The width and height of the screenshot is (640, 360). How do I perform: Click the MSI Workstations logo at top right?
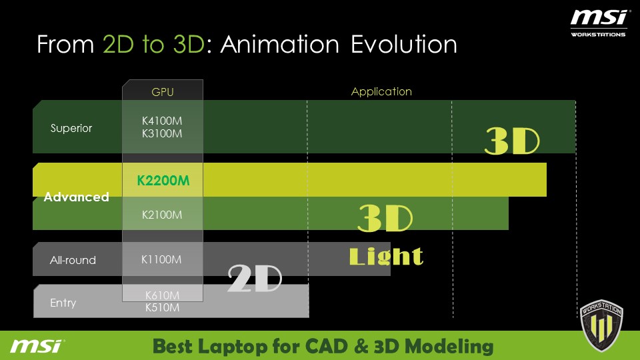tap(599, 23)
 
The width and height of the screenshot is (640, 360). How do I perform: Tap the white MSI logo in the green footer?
tap(37, 346)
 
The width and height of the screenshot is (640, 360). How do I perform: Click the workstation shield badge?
tap(601, 325)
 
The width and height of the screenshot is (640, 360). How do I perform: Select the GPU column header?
tap(163, 92)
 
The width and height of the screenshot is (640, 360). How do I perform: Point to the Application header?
tap(381, 92)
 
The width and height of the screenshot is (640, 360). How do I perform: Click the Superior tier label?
tap(71, 128)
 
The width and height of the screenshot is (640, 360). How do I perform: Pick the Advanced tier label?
tap(76, 197)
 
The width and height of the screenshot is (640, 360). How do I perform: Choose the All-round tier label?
tap(73, 260)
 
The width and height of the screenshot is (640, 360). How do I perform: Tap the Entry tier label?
tap(63, 303)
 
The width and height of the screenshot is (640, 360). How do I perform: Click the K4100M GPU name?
tap(162, 121)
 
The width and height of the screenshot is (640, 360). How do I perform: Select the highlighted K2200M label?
tap(163, 181)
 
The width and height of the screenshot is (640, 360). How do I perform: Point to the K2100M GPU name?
tap(162, 215)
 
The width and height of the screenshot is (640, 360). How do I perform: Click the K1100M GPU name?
tap(161, 259)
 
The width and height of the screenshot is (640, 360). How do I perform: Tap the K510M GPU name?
tap(163, 307)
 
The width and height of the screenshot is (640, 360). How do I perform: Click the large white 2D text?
tap(255, 278)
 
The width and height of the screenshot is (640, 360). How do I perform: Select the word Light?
tap(386, 256)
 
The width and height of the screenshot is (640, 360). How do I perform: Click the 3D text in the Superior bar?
tap(512, 141)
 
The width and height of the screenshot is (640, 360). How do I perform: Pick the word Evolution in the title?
tap(404, 44)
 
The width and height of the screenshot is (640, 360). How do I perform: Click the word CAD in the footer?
tap(327, 346)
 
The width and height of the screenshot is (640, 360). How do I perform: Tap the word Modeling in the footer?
tap(449, 347)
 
